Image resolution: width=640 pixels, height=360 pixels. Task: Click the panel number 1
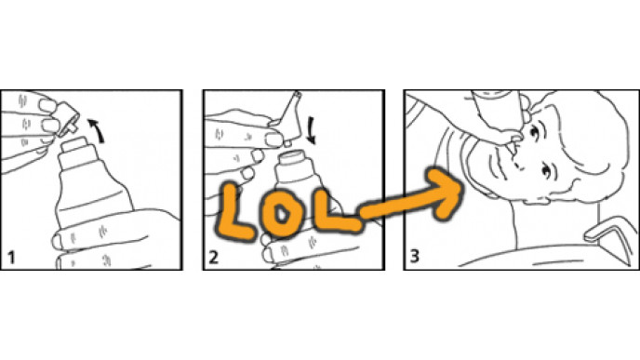coord(11,258)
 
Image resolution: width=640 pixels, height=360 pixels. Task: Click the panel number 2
coord(213,258)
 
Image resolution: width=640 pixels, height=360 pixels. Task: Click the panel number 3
coord(414,257)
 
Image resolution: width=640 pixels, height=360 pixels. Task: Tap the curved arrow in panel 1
coord(97,130)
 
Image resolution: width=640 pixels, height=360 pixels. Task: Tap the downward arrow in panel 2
coord(312,130)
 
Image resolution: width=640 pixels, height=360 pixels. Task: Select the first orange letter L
coord(233,212)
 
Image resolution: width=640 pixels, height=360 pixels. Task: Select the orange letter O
coord(282,213)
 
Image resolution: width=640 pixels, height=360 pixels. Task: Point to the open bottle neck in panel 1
coord(74,146)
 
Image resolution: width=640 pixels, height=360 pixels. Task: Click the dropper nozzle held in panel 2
coord(290,117)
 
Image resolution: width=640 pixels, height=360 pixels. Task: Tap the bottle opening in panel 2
coord(293,155)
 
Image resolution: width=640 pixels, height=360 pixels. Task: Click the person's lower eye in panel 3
coord(547,171)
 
